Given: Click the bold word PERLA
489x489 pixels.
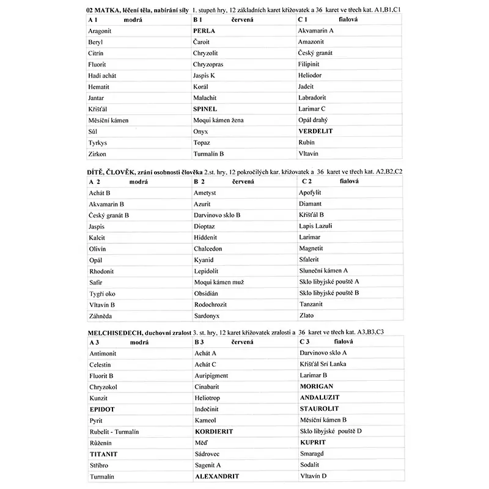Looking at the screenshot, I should click(204, 30).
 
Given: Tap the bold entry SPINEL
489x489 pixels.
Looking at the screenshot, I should click(205, 109).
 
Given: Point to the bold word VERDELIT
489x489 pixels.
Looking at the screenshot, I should click(315, 131).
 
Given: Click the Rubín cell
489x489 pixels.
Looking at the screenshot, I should click(307, 142).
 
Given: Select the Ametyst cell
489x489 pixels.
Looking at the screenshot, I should click(205, 193).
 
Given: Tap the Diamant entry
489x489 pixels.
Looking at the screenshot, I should click(310, 204).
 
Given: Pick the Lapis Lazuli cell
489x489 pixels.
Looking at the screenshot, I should click(315, 226).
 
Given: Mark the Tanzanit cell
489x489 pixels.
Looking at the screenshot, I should click(312, 304).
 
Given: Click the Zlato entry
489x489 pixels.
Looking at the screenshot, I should click(306, 315).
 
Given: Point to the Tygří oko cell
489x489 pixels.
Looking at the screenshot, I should click(101, 293).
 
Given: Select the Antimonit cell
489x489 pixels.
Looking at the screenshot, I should click(103, 353).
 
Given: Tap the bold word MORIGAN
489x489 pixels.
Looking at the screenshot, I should click(317, 386).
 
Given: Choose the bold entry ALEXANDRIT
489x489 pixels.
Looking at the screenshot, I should click(216, 476).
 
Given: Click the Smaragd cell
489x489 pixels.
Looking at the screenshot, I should click(312, 454).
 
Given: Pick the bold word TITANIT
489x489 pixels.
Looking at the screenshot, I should click(103, 454).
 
